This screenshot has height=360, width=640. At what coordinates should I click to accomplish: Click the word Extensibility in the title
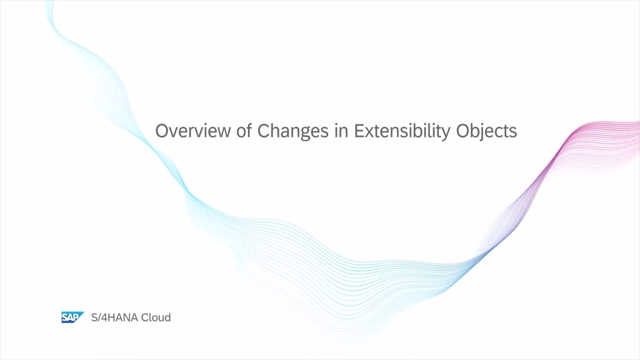click(x=403, y=131)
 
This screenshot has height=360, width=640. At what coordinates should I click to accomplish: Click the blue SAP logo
click(x=72, y=317)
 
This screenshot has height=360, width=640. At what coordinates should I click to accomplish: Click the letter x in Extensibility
click(x=369, y=132)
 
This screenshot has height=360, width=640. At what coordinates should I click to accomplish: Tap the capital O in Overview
click(x=162, y=131)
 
